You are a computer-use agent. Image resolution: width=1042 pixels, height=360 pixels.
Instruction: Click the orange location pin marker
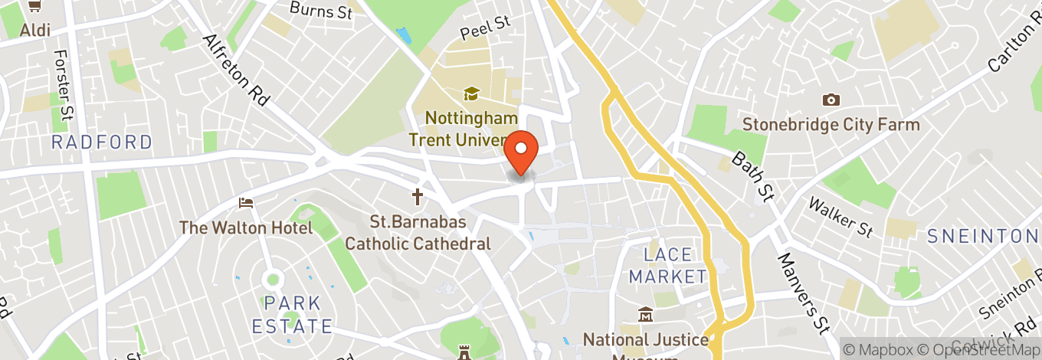(x=523, y=152)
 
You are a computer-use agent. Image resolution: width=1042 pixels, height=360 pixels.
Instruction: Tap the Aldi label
(x=35, y=30)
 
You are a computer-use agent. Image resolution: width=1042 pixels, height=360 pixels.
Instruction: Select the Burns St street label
(x=321, y=10)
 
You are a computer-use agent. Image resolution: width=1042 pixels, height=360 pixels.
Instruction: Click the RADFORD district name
(x=102, y=142)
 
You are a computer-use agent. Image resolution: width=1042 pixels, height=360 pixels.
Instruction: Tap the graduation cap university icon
(x=470, y=93)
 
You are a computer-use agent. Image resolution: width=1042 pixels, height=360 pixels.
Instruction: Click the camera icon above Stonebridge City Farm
(x=830, y=100)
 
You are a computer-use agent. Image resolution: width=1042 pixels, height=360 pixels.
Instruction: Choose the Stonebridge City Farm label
(x=831, y=124)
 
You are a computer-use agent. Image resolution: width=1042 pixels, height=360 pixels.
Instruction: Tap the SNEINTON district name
(x=982, y=236)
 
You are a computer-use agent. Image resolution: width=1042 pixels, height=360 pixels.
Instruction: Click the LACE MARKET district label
(x=667, y=265)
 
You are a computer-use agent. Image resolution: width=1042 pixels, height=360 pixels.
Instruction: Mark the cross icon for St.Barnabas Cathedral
(x=418, y=198)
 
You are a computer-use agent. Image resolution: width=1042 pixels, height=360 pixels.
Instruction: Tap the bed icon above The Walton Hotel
(x=245, y=203)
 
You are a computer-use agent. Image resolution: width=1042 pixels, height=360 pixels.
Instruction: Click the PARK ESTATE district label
(x=292, y=314)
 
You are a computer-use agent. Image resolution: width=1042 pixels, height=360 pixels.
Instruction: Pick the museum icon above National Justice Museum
(x=645, y=315)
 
